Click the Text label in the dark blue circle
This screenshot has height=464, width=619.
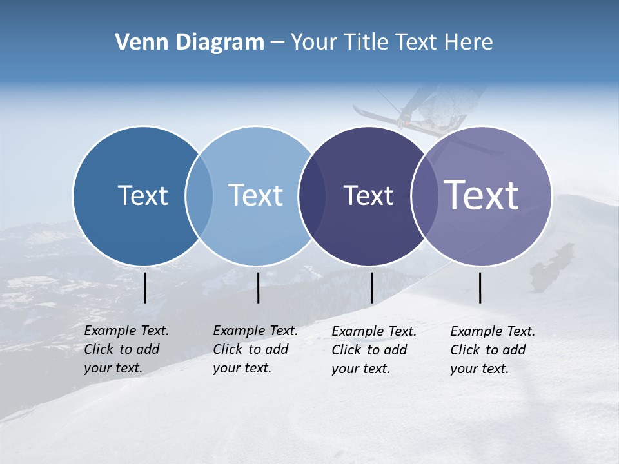(142, 195)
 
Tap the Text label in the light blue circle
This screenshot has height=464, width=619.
(255, 195)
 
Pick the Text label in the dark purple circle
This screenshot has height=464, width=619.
(368, 195)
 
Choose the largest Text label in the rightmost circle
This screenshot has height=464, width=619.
(482, 195)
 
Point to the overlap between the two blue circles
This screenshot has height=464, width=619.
(199, 196)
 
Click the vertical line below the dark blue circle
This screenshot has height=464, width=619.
(144, 287)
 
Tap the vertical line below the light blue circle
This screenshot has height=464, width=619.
(258, 287)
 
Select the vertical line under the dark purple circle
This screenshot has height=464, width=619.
(371, 287)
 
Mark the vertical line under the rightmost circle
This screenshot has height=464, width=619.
(480, 287)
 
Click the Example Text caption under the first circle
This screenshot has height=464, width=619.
(126, 349)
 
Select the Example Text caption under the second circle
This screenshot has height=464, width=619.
(255, 349)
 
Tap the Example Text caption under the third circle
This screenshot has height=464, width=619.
(374, 350)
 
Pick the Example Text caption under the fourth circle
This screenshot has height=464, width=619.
(493, 350)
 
